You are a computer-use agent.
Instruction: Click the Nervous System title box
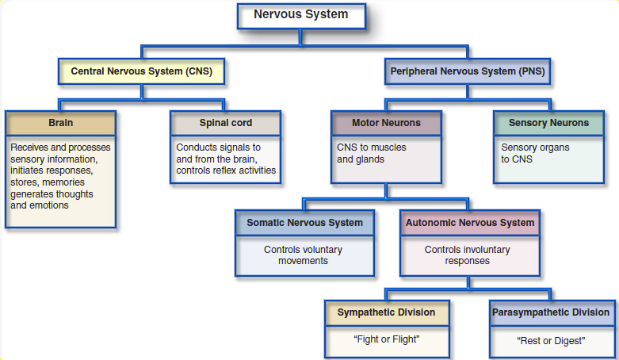[x=300, y=15]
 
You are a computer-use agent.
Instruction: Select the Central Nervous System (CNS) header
[x=142, y=71]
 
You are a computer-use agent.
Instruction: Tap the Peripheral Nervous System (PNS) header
[x=468, y=71]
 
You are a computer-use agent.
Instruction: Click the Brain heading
[x=61, y=124]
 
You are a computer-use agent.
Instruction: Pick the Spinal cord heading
[x=226, y=124]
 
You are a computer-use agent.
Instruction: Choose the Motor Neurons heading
[x=386, y=124]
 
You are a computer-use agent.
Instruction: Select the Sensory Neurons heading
[x=548, y=124]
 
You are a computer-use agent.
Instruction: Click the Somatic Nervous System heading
[x=304, y=224]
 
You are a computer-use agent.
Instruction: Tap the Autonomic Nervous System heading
[x=470, y=224]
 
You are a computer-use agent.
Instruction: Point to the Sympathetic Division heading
[x=386, y=312]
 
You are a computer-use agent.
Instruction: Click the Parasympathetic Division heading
[x=551, y=312]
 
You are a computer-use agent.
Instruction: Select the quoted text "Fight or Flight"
[x=386, y=339]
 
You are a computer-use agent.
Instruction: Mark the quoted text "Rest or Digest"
[x=551, y=341]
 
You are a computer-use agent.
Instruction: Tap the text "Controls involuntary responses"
[x=467, y=255]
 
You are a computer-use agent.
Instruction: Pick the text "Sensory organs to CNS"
[x=535, y=153]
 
